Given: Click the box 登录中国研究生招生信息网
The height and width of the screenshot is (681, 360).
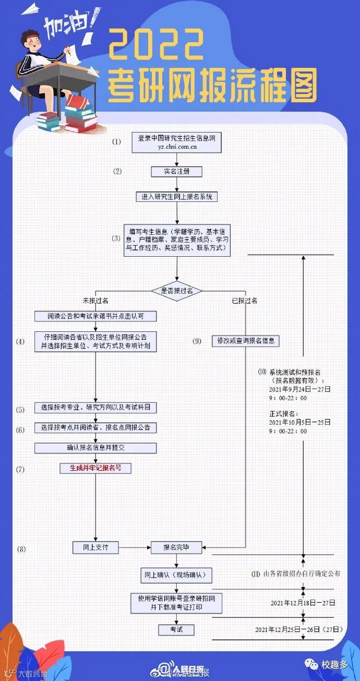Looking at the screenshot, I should pyautogui.click(x=176, y=142).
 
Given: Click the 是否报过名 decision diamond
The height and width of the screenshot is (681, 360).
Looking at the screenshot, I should pyautogui.click(x=176, y=291).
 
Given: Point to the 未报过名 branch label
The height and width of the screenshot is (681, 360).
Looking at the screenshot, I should pyautogui.click(x=95, y=301).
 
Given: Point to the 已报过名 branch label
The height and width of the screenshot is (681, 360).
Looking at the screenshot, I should pyautogui.click(x=244, y=301).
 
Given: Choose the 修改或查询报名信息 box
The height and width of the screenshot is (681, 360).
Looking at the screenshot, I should pyautogui.click(x=246, y=341).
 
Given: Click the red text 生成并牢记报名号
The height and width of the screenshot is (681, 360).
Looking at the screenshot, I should pyautogui.click(x=95, y=468).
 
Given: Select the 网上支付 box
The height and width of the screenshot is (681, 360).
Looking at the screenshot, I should pyautogui.click(x=95, y=547).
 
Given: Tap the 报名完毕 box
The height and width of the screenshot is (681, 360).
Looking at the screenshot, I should pyautogui.click(x=176, y=547).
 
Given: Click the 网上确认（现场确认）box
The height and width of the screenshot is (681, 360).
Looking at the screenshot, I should pyautogui.click(x=176, y=575).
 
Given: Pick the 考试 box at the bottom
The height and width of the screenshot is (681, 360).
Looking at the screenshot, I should pyautogui.click(x=176, y=629).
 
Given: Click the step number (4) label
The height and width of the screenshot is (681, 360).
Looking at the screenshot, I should pyautogui.click(x=20, y=342).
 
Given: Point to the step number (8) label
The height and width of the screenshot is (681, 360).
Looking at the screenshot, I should pyautogui.click(x=21, y=548).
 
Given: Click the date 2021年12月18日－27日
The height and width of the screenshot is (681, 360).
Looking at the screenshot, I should pyautogui.click(x=303, y=603).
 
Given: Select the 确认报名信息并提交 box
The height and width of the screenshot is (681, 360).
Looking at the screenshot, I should pyautogui.click(x=95, y=447).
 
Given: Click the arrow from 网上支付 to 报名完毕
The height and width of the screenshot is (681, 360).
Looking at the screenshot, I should pyautogui.click(x=135, y=547).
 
